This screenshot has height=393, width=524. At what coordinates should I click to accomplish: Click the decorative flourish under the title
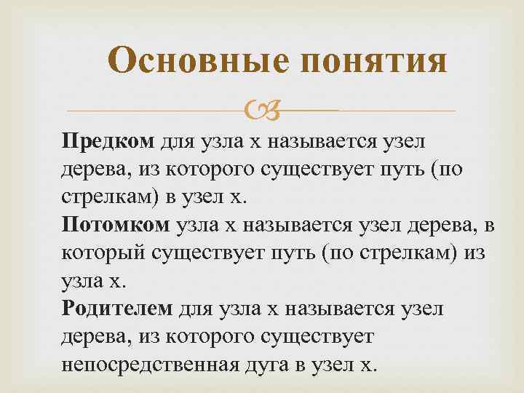(259, 111)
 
